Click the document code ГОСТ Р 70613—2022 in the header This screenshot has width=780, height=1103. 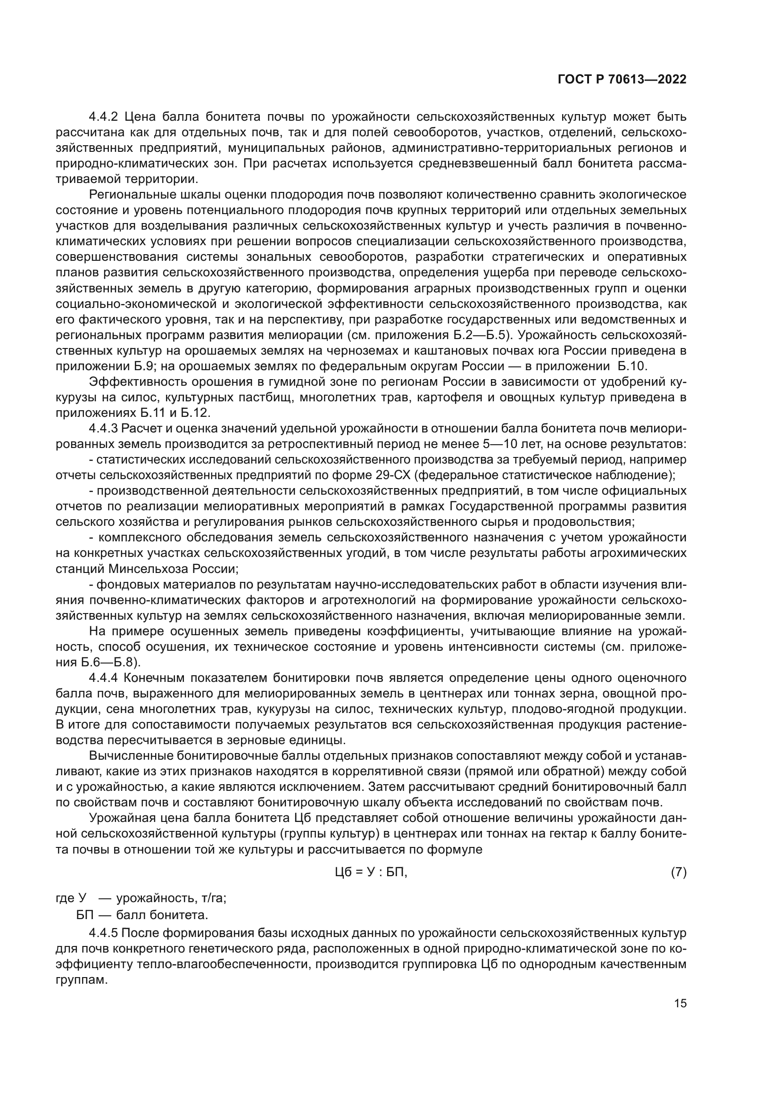[x=622, y=80]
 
